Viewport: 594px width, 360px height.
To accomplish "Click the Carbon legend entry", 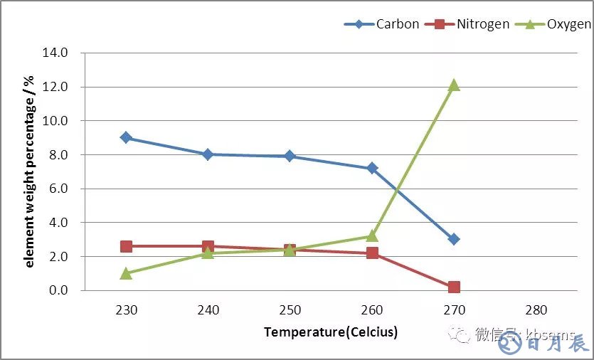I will [x=381, y=24].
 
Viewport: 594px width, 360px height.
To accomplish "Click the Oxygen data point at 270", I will [x=454, y=85].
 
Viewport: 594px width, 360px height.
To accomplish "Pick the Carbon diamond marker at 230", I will [x=126, y=137].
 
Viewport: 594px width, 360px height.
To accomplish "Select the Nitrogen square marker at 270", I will [x=454, y=287].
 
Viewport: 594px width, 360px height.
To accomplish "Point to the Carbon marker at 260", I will [x=372, y=168].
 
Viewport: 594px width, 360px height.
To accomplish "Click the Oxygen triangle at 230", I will [x=126, y=273].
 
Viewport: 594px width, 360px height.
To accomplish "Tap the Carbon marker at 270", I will [x=454, y=239].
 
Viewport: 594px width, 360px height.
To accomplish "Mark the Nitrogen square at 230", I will [x=126, y=246].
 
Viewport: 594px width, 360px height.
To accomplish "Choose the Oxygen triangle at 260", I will [x=372, y=236].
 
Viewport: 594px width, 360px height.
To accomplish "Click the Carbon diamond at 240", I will [x=208, y=154].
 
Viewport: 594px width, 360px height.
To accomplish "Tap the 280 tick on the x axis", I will [x=536, y=310].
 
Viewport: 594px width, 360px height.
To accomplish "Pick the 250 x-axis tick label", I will [x=290, y=310].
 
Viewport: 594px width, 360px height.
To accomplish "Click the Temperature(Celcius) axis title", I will [x=331, y=332].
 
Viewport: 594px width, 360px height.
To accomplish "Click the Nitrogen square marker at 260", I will [x=372, y=253].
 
